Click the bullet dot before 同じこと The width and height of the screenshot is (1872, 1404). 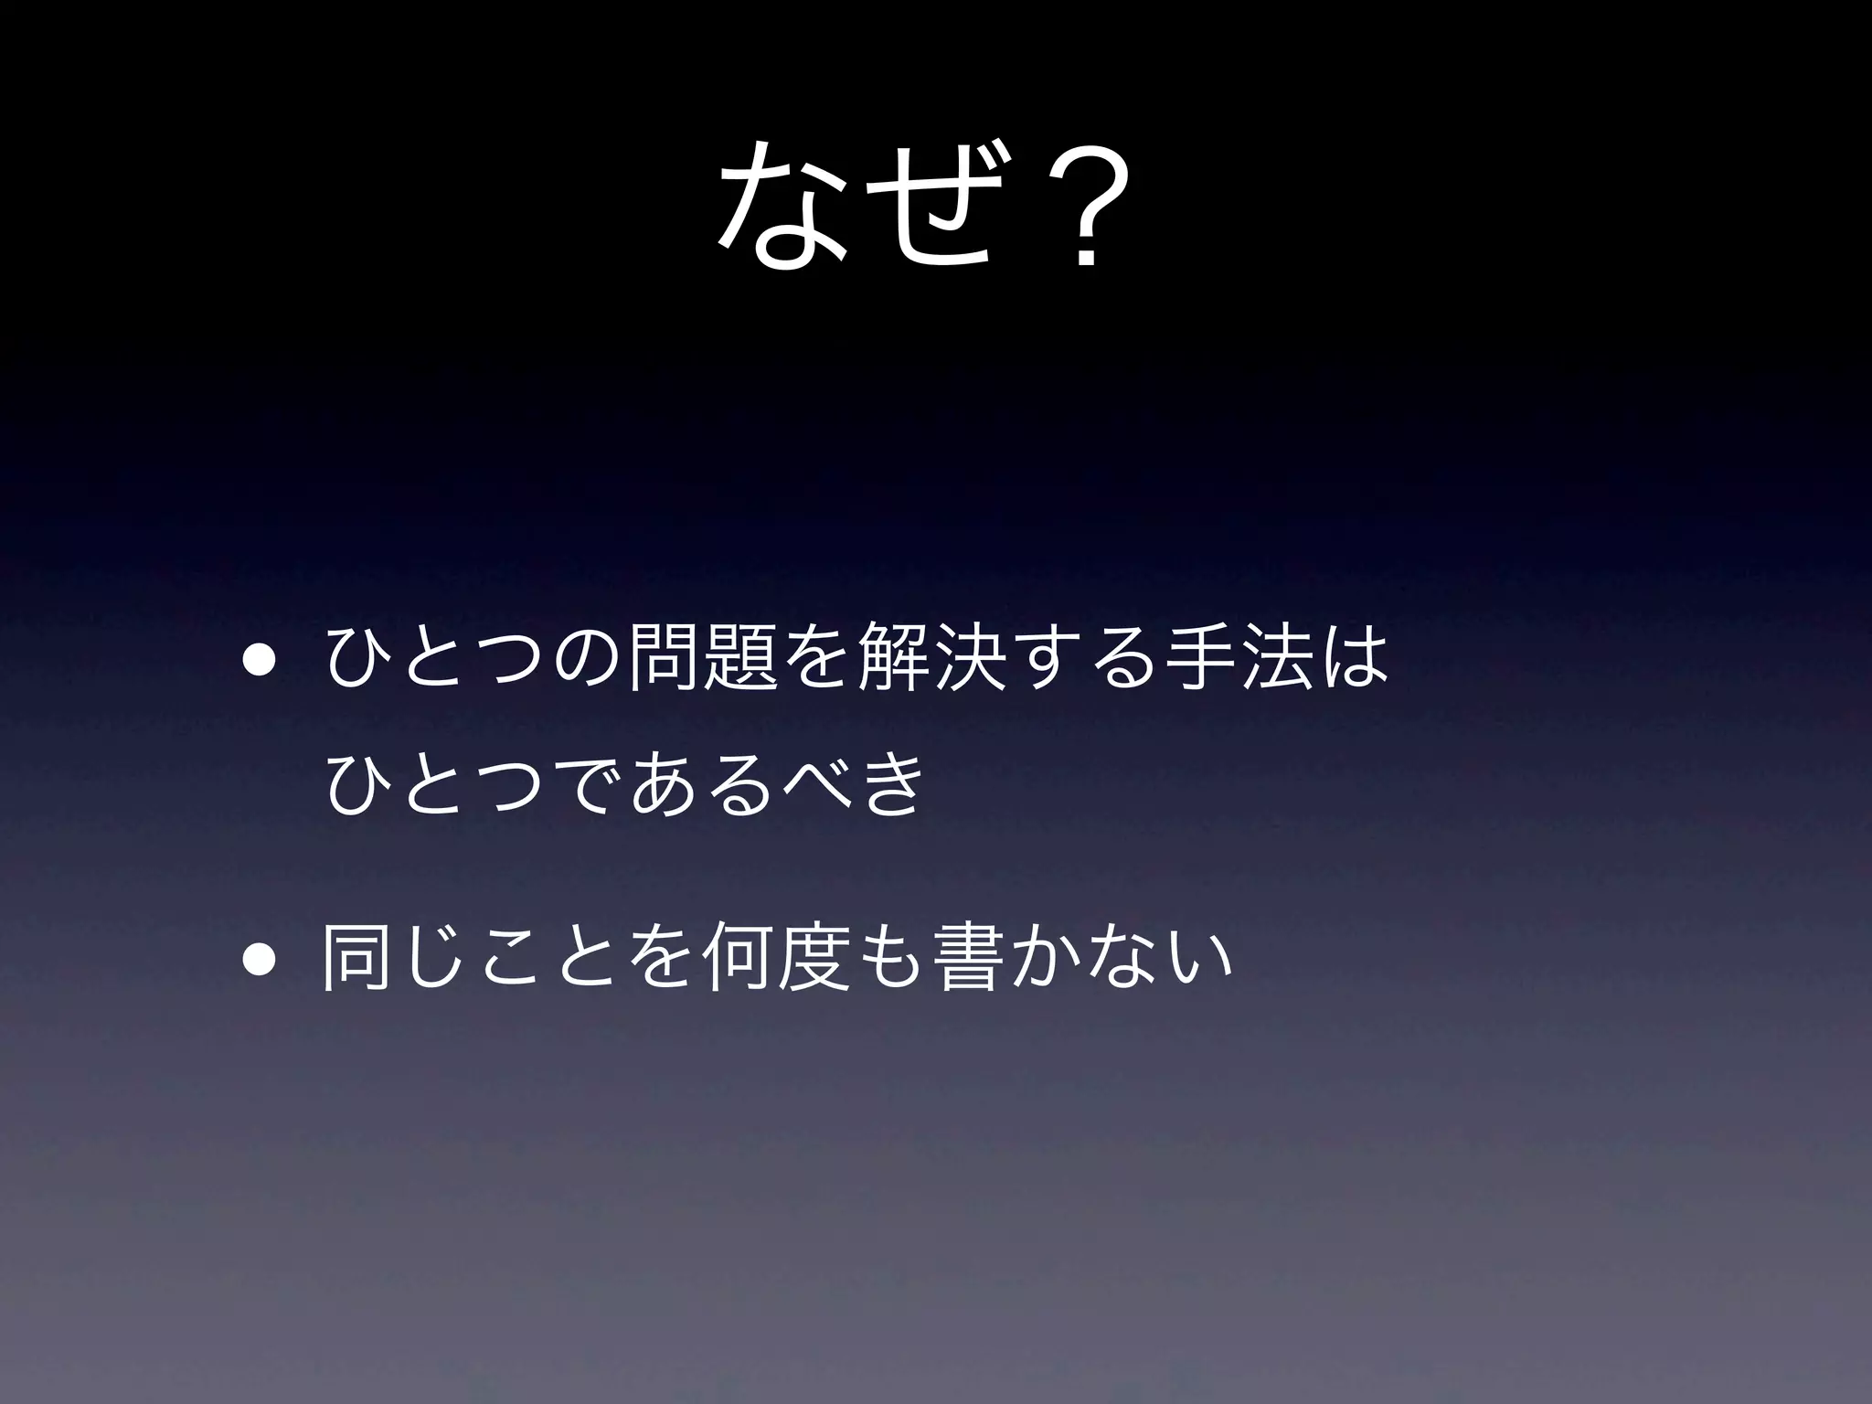[257, 965]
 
